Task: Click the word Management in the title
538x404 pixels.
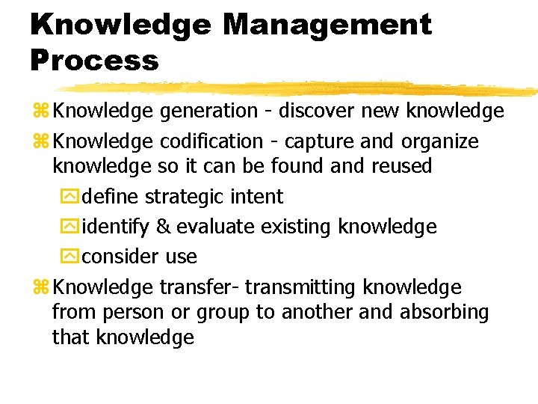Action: (327, 25)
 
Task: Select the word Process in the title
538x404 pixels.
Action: (95, 60)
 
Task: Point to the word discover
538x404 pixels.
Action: (315, 111)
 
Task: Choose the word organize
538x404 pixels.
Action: (439, 141)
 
